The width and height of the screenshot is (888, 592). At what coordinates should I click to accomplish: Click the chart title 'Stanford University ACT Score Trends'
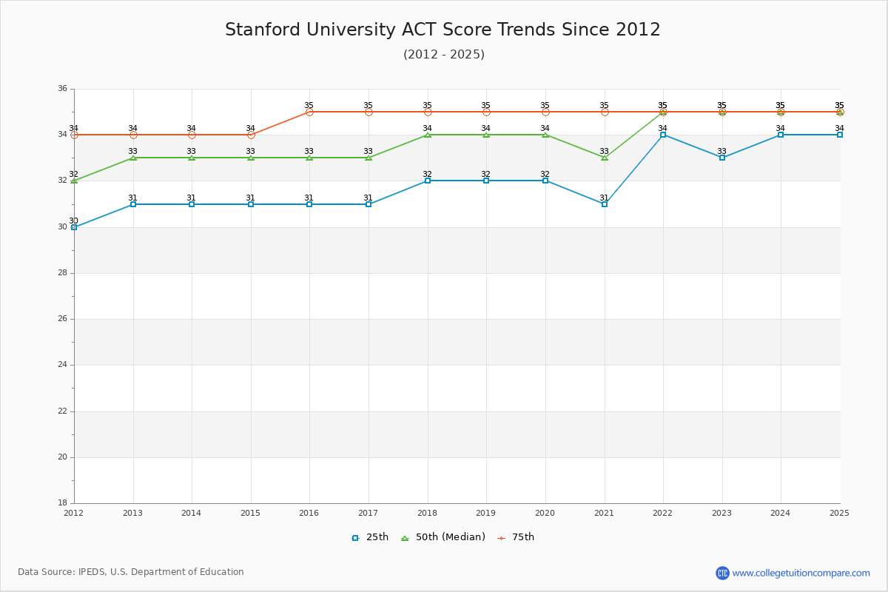pyautogui.click(x=443, y=30)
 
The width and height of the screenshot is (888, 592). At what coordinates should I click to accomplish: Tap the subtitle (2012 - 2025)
pyautogui.click(x=444, y=55)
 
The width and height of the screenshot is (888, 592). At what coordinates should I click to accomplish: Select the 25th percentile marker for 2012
pyautogui.click(x=74, y=227)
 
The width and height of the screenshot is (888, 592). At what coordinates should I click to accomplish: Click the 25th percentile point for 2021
pyautogui.click(x=605, y=204)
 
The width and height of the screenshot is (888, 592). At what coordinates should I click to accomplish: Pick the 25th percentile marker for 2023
pyautogui.click(x=722, y=158)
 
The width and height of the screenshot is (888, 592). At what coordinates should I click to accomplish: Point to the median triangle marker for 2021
pyautogui.click(x=605, y=158)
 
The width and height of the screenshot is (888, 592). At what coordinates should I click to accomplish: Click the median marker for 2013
pyautogui.click(x=133, y=158)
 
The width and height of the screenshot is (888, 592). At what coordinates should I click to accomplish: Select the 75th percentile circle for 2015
pyautogui.click(x=251, y=135)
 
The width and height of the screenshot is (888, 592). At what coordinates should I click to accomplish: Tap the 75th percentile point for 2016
pyautogui.click(x=309, y=112)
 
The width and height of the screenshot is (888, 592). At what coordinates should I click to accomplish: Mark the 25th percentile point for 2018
pyautogui.click(x=428, y=181)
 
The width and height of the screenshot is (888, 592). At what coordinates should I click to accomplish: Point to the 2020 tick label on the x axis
pyautogui.click(x=545, y=513)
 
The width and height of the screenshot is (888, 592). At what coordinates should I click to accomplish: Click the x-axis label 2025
pyautogui.click(x=839, y=513)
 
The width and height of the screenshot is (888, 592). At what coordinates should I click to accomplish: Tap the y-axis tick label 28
pyautogui.click(x=62, y=273)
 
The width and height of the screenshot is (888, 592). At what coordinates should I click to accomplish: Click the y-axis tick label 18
pyautogui.click(x=62, y=503)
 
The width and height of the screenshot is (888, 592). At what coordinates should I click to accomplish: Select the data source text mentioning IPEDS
pyautogui.click(x=131, y=572)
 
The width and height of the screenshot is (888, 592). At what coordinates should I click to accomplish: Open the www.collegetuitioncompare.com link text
pyautogui.click(x=801, y=573)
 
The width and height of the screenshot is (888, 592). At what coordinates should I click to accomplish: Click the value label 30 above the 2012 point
pyautogui.click(x=73, y=221)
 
